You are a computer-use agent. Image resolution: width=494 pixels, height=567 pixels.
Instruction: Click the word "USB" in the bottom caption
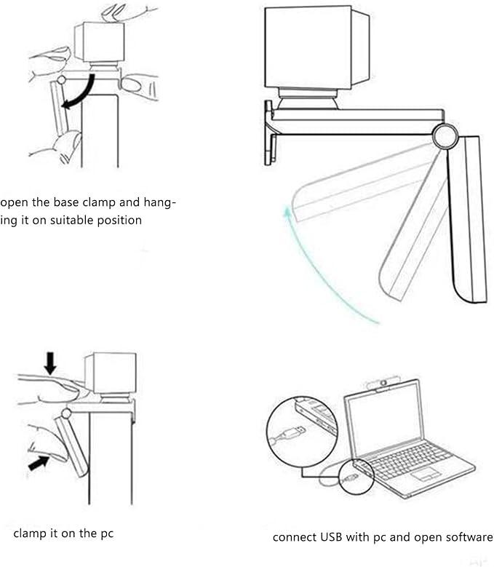(x=331, y=537)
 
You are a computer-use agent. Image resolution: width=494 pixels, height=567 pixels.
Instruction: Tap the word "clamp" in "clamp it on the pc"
(x=30, y=534)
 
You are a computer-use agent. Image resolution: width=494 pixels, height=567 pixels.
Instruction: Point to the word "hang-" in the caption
(x=159, y=202)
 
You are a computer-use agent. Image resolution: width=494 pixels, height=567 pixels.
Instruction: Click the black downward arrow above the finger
(x=50, y=363)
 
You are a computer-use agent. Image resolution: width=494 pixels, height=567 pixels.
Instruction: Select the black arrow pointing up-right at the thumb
(x=39, y=463)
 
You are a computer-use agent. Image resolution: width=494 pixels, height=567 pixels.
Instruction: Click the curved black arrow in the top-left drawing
(x=82, y=93)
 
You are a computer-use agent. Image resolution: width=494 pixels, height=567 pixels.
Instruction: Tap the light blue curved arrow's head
(x=287, y=213)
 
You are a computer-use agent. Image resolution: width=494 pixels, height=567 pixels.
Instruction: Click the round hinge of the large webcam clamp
(x=445, y=136)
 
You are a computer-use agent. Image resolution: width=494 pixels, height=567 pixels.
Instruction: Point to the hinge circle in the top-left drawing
(x=62, y=79)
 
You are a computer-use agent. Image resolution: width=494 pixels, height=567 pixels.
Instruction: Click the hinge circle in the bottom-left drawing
(x=66, y=413)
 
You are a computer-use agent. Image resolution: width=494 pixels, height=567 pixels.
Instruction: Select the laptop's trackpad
(x=426, y=474)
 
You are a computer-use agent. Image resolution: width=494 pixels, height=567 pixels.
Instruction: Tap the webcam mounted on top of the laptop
(x=383, y=384)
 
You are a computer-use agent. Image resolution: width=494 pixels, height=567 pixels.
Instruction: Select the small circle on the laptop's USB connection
(x=356, y=477)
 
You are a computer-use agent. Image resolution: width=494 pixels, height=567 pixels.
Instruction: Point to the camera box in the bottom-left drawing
(x=111, y=373)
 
